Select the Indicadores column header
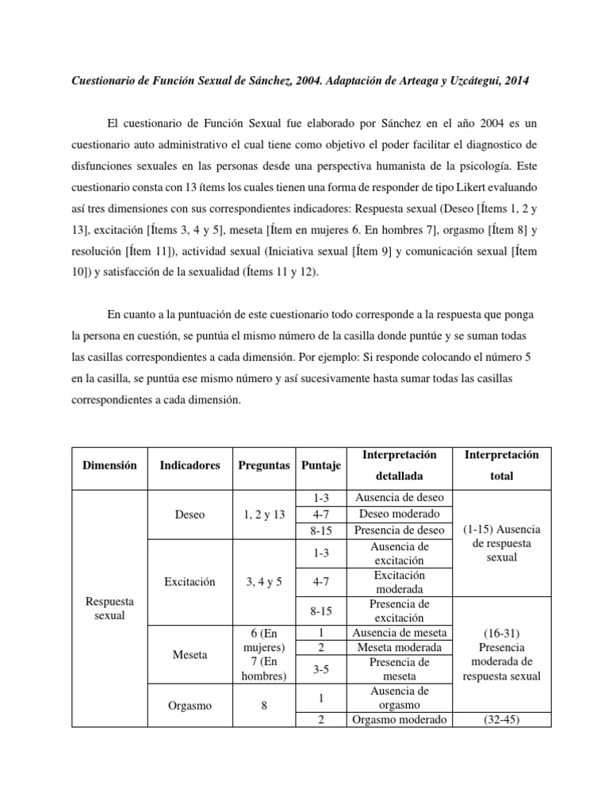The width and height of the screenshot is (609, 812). [x=190, y=465]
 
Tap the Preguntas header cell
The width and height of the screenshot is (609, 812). [x=264, y=465]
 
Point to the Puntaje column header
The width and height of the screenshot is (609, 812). [x=321, y=465]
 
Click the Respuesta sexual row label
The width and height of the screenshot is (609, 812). [x=109, y=608]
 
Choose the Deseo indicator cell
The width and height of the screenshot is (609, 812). [x=190, y=514]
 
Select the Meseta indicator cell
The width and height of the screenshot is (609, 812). [x=190, y=655]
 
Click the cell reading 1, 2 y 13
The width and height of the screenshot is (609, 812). [x=264, y=514]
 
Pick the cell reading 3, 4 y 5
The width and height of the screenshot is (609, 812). [x=264, y=581]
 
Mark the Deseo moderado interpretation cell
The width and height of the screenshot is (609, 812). [x=400, y=513]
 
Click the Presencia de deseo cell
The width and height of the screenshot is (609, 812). [x=400, y=529]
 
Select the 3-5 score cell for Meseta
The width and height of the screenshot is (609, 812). [x=321, y=669]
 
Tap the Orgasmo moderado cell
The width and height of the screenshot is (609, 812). [x=400, y=719]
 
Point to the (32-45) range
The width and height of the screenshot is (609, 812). [x=501, y=719]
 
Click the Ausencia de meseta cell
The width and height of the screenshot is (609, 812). [x=400, y=632]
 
